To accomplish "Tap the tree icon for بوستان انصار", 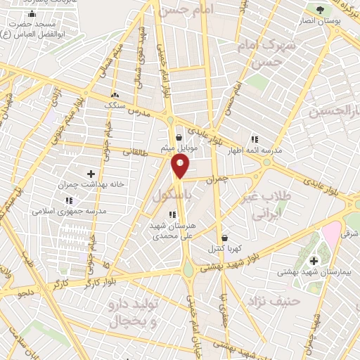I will point(321,10).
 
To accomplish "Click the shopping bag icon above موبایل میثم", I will point(180,138).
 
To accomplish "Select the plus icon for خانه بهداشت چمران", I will point(91,173).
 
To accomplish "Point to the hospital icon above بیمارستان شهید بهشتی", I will point(314,261).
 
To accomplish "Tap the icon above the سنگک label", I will point(115,94).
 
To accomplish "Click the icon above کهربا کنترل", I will point(224,238).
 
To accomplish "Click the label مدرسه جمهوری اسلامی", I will point(68,211).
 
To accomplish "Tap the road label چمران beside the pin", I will point(218,180).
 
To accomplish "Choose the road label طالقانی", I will point(137,151).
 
